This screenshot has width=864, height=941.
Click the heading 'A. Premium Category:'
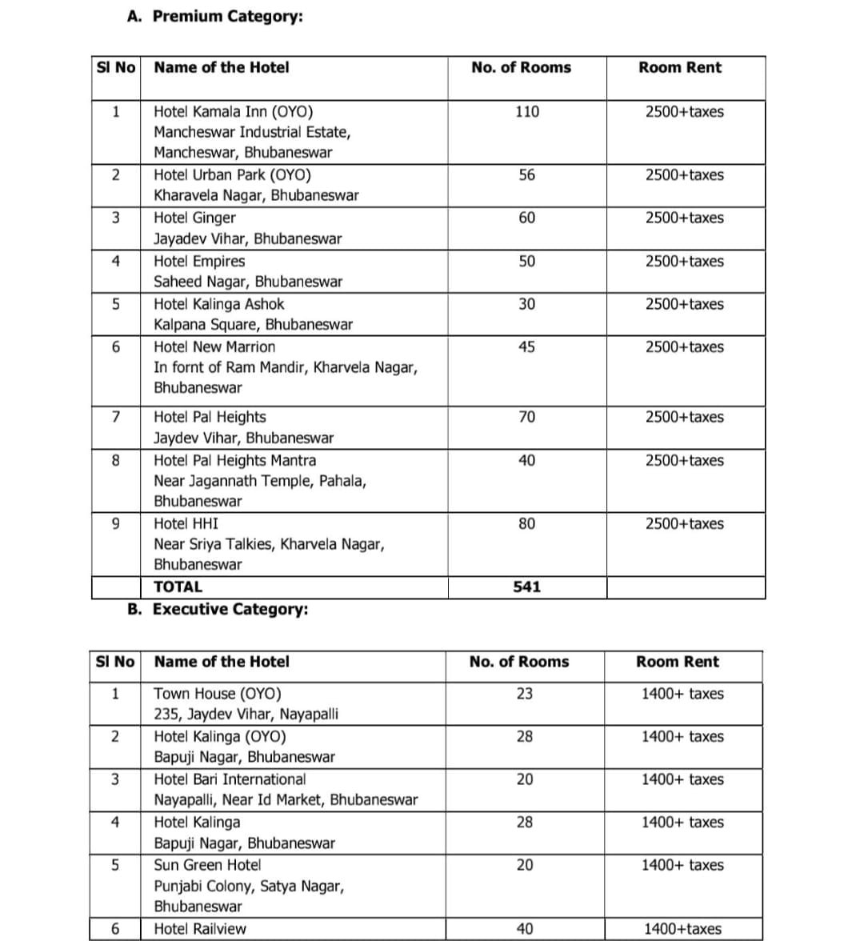coord(215,16)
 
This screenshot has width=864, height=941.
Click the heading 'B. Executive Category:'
coord(218,609)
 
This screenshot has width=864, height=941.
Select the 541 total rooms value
coord(526,587)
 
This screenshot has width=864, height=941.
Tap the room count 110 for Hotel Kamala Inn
coord(527,112)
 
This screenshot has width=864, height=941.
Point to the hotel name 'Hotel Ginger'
coord(194,218)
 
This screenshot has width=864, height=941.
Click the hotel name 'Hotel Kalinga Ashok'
coord(218,304)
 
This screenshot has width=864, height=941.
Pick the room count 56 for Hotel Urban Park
coord(526,175)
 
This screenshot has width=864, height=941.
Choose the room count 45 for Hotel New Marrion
coord(526,347)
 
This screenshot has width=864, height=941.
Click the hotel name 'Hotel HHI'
coord(186,523)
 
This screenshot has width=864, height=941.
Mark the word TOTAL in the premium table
coord(178,587)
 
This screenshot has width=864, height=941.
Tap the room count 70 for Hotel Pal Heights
coord(526,417)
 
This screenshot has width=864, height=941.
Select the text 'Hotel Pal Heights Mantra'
coord(234,460)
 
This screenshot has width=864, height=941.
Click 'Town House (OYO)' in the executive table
coord(217,694)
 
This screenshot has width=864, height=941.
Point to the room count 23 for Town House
coord(524,694)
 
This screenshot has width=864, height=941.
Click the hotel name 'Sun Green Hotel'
coord(207,865)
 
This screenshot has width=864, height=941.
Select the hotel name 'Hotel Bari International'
coord(230,779)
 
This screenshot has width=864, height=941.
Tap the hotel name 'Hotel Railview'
coord(200,929)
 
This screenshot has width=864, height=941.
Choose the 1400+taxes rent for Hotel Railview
coord(682,929)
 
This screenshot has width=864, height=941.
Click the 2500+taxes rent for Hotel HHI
coord(684,523)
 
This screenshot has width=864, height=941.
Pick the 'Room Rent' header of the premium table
coord(679,68)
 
